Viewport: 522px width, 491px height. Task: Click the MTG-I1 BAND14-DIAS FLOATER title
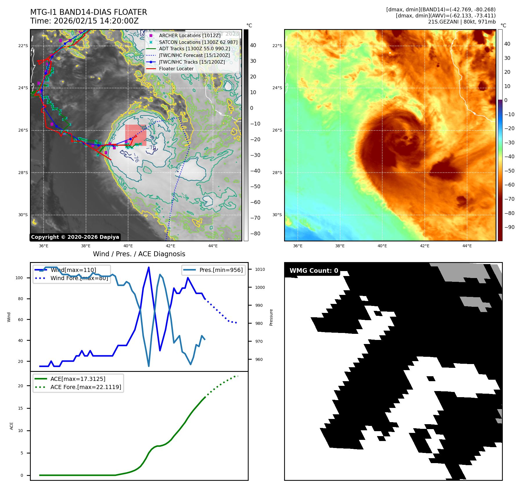89,12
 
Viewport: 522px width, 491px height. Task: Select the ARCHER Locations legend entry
190,35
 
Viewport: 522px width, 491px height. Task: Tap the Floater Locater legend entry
176,69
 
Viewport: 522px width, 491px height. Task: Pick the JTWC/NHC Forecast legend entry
194,55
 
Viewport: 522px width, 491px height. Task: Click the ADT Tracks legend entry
194,49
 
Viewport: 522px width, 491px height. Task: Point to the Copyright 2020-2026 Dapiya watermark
75,237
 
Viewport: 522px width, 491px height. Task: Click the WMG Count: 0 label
314,271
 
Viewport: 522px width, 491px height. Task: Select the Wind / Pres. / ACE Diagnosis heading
139,254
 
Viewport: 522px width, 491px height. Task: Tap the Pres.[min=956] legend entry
221,270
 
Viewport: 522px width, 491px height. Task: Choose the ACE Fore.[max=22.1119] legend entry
86,387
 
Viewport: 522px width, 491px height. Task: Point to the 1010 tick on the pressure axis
260,269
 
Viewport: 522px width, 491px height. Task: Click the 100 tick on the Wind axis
19,278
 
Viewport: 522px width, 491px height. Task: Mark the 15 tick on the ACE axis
20,408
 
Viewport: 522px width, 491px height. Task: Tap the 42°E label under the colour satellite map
424,246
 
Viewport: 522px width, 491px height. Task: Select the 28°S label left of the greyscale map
23,173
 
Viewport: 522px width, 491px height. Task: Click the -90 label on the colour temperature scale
509,227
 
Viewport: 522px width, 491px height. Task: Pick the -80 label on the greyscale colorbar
255,234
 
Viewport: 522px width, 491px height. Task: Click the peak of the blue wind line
149,267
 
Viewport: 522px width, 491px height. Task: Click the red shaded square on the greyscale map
136,135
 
